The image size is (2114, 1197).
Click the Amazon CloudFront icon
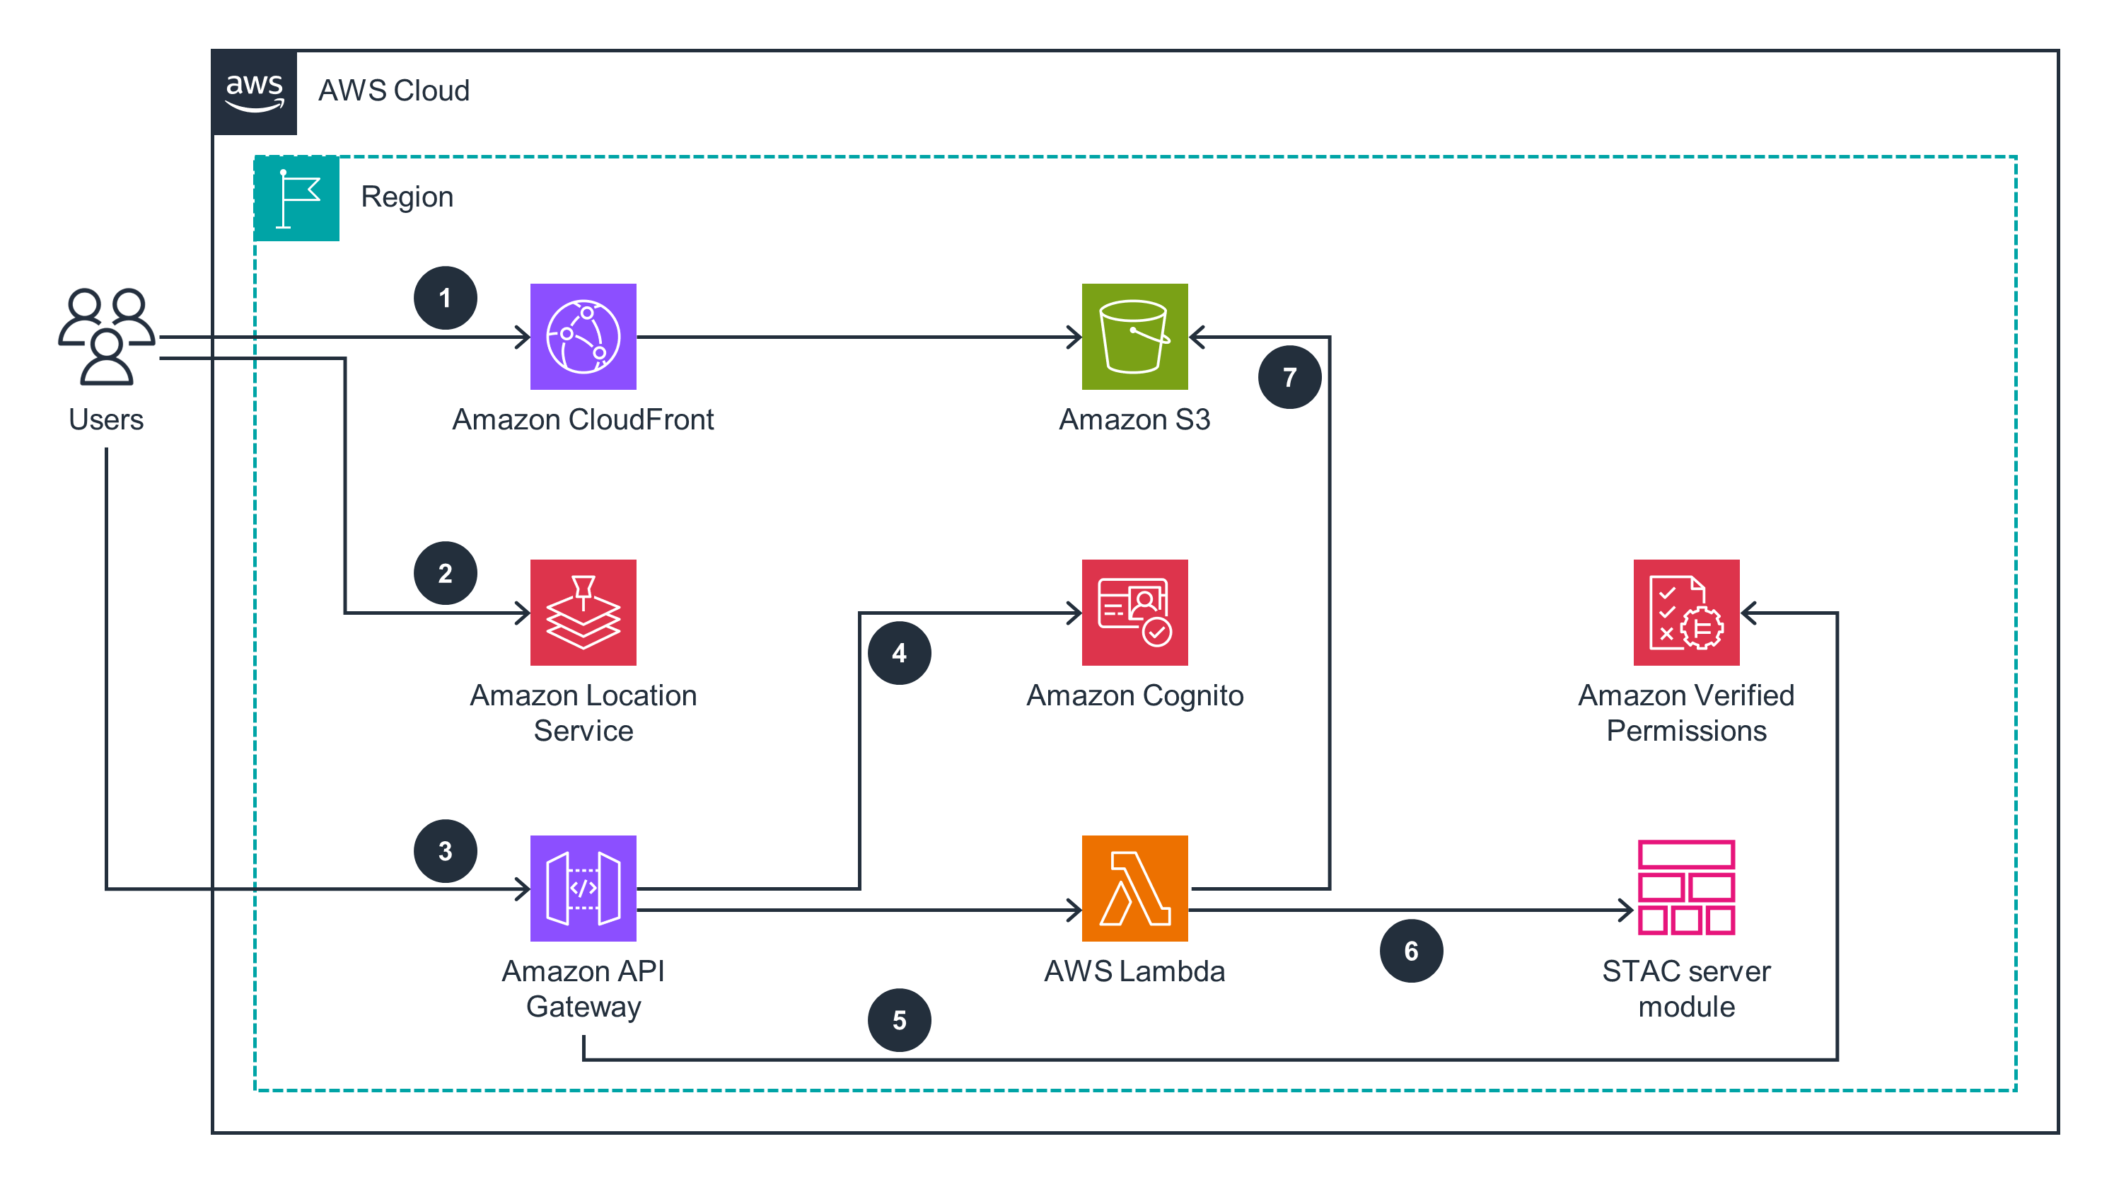pos(583,336)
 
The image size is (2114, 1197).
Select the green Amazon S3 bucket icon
pos(1134,336)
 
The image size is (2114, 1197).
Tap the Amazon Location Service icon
pos(583,612)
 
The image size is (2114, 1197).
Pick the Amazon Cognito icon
pos(1134,612)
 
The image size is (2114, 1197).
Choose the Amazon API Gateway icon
pos(583,887)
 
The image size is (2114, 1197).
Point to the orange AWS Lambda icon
pos(1134,887)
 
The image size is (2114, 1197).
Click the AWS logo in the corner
pos(254,91)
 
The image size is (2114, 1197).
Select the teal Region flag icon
pos(296,198)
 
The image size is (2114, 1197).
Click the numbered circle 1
pos(445,298)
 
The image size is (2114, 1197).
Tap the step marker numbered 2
pos(445,572)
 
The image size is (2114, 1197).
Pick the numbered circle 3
pos(445,850)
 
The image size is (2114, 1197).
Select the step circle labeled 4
pos(898,652)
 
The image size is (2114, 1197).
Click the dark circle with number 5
pos(898,1019)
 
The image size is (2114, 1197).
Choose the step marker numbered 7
pos(1289,376)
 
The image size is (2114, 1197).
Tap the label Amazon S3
pos(1134,420)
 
